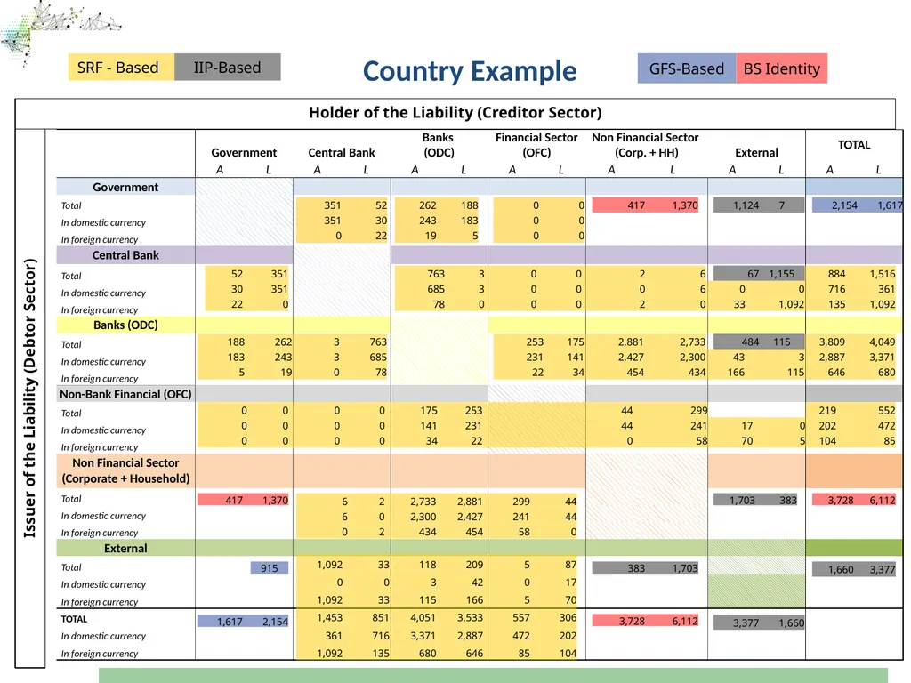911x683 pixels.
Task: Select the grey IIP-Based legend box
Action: pyautogui.click(x=227, y=68)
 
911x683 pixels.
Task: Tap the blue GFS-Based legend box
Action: pyautogui.click(x=687, y=68)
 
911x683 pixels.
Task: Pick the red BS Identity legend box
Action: pyautogui.click(x=781, y=68)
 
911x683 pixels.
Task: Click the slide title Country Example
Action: pyautogui.click(x=470, y=71)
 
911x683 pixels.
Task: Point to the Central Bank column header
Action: pyautogui.click(x=341, y=153)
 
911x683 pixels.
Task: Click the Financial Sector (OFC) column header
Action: pyautogui.click(x=536, y=145)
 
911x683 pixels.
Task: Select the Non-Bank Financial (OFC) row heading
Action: pyautogui.click(x=125, y=394)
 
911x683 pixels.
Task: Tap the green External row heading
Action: pyautogui.click(x=125, y=548)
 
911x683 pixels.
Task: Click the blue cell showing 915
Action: pyautogui.click(x=270, y=568)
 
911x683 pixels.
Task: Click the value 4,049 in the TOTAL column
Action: pyautogui.click(x=882, y=342)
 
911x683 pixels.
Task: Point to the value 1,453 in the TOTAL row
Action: pyautogui.click(x=329, y=618)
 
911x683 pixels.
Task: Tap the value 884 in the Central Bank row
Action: pyautogui.click(x=836, y=274)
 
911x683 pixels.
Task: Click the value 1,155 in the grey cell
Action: pyautogui.click(x=781, y=274)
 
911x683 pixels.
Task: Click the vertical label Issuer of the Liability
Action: pyautogui.click(x=29, y=398)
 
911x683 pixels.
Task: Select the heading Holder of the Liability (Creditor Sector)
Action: pyautogui.click(x=455, y=113)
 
